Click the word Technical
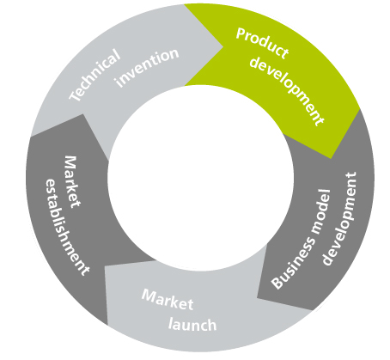pyautogui.click(x=94, y=75)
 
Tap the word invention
pyautogui.click(x=147, y=68)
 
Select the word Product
pyautogui.click(x=262, y=43)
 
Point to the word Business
pyautogui.click(x=293, y=263)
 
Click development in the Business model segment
pyautogui.click(x=339, y=218)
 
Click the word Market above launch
pyautogui.click(x=168, y=299)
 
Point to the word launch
pyautogui.click(x=192, y=325)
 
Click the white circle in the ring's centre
pyautogui.click(x=200, y=178)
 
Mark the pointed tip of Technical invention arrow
pyautogui.click(x=222, y=46)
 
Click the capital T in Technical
pyautogui.click(x=75, y=95)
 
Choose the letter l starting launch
pyautogui.click(x=170, y=323)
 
